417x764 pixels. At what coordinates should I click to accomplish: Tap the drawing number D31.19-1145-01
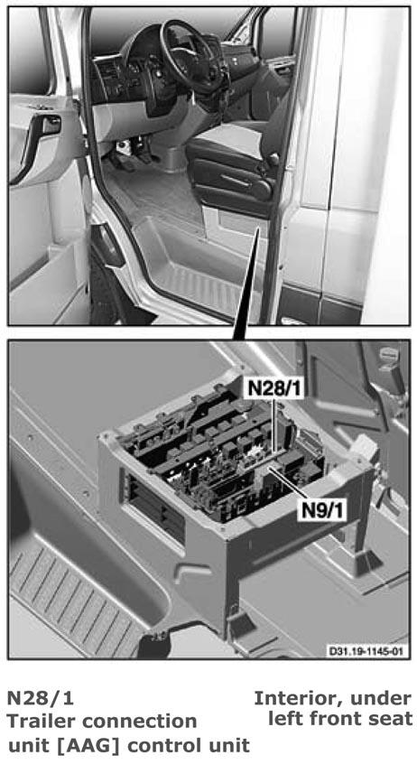coord(366,651)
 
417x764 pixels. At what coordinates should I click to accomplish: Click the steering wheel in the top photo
coord(190,53)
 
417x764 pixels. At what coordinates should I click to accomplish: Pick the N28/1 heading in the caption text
coord(40,699)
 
